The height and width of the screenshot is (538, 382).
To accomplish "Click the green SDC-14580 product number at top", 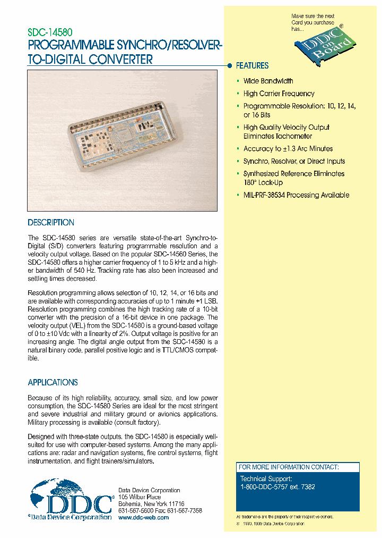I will click(50, 32).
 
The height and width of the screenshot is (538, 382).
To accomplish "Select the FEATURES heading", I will click(252, 66).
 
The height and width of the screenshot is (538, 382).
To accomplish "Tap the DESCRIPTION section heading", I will click(51, 223).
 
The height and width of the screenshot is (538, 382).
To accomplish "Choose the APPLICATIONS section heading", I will click(53, 382).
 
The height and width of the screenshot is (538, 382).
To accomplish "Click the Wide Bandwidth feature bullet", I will click(268, 81).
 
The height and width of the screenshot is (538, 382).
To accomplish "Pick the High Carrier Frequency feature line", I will click(279, 94).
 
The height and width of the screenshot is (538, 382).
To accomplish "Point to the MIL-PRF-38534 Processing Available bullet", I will click(296, 195).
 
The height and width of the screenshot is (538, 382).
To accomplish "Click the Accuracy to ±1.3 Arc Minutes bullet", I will click(288, 149).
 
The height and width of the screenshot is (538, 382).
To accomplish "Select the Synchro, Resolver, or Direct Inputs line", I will click(294, 161).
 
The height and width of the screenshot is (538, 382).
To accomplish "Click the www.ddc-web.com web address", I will click(143, 517).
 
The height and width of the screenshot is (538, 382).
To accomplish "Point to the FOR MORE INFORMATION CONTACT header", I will click(288, 467).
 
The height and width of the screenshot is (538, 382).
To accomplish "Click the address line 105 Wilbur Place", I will click(139, 497).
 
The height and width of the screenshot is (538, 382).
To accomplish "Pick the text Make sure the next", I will click(313, 16).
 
